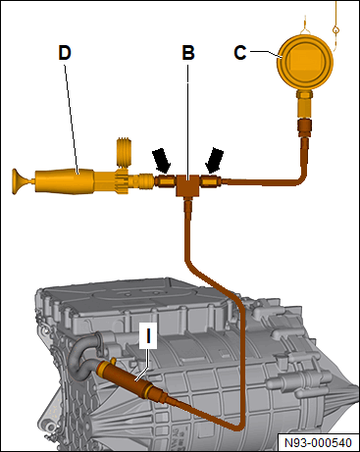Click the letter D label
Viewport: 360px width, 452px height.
[65, 53]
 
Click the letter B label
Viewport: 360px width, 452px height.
[188, 53]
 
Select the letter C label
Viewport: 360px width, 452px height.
[240, 53]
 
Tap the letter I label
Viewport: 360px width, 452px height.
[148, 335]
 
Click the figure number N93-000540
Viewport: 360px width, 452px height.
[318, 443]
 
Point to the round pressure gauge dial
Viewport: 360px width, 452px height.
[305, 62]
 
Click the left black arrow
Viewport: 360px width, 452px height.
[162, 161]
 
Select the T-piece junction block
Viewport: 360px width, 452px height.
[187, 185]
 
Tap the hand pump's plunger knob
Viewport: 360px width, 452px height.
[19, 181]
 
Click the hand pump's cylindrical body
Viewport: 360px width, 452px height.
[65, 181]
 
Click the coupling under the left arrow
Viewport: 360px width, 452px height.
[166, 181]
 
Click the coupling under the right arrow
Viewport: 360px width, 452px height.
[210, 180]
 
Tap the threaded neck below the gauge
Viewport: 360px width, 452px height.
[304, 104]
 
